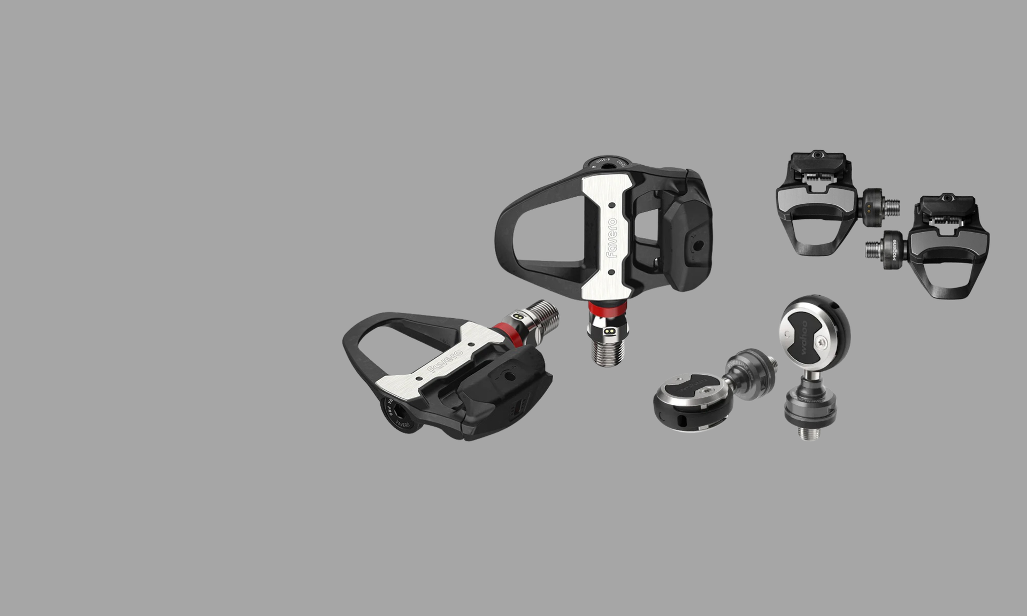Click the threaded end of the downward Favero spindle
(x=607, y=352)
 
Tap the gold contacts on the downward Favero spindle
(x=608, y=332)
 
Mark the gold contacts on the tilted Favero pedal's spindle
(x=517, y=317)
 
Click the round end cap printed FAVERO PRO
(x=396, y=414)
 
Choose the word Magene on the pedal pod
(x=894, y=253)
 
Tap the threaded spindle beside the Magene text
(x=874, y=248)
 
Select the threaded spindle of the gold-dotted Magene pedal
(x=890, y=207)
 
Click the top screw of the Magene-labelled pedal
(x=947, y=198)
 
